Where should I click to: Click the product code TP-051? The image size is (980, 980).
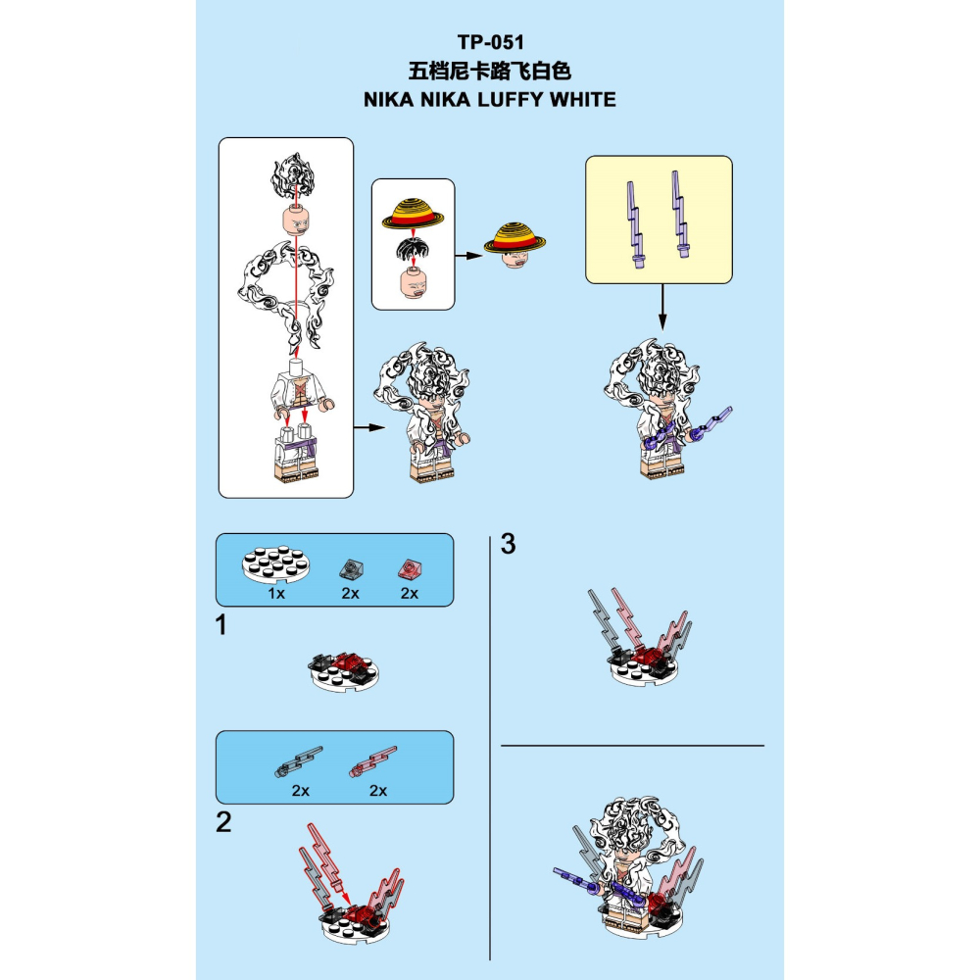491,42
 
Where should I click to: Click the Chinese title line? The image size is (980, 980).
490,71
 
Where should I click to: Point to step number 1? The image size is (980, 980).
220,625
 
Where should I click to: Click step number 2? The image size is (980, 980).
223,822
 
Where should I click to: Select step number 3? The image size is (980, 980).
508,544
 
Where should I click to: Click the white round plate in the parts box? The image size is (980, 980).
275,563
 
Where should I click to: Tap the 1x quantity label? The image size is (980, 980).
276,593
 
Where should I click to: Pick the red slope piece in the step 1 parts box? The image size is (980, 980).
410,569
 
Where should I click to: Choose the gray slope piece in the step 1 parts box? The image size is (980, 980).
351,569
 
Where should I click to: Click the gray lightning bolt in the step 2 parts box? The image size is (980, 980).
299,761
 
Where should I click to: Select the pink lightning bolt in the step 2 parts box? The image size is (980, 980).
372,761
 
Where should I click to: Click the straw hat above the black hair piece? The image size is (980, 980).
413,215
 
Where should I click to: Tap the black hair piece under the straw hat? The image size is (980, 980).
413,249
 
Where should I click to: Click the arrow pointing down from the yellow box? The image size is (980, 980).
662,307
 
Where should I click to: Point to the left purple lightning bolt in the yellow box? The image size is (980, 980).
636,225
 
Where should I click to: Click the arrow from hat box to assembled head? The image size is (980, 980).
468,255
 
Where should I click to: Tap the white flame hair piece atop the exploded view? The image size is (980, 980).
292,175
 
